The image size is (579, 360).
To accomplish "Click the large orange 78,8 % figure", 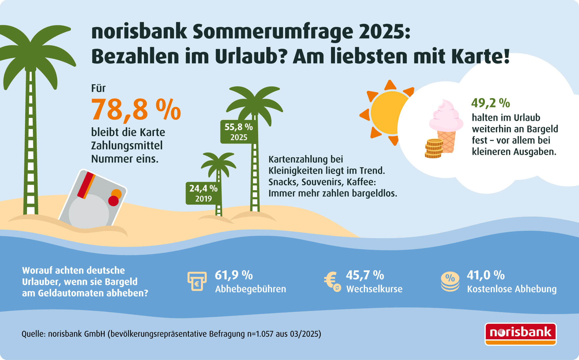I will coord(136,110).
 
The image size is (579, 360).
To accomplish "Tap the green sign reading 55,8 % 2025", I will coord(239,132).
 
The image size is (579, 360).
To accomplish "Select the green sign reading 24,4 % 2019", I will coord(203,193).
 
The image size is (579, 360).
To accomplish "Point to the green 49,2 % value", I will coord(490,103).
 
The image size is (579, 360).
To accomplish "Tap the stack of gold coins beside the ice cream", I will coord(434,148).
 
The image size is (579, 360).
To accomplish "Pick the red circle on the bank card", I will coord(113,201).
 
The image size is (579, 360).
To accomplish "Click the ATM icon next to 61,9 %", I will coord(197,281).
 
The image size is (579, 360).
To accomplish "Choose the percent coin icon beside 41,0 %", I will coord(450,281).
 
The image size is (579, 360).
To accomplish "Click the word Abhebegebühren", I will coord(251,289).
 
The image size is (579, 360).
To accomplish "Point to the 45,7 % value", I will coord(365,275).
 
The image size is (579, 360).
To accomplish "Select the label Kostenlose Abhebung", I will coord(512,289).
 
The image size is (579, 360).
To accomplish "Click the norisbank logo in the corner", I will coord(521,334).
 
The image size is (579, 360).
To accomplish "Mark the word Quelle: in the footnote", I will coord(34,334).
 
